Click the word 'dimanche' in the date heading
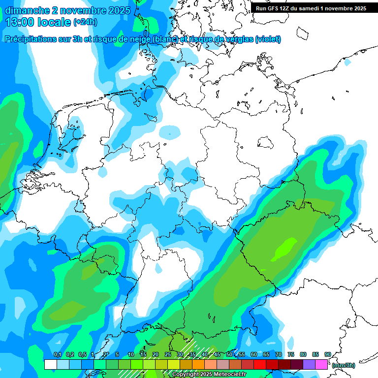(24, 10)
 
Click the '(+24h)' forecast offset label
(85, 22)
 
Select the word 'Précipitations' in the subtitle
(30, 39)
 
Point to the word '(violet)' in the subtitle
(268, 39)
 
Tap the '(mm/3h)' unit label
(343, 365)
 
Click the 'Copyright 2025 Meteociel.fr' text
(209, 374)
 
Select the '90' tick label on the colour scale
(328, 355)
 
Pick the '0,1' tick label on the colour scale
(57, 355)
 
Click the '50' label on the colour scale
(229, 355)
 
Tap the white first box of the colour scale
(50, 364)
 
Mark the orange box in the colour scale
(198, 364)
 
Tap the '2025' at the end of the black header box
(359, 8)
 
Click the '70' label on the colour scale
(279, 355)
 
